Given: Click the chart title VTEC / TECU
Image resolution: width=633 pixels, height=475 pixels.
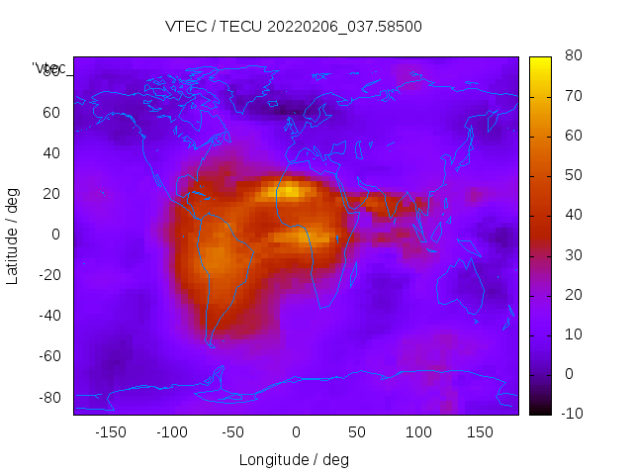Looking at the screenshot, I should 294,27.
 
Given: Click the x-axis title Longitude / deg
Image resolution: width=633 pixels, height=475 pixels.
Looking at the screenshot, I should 294,459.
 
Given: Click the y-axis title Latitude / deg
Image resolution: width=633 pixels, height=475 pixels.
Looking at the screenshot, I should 13,234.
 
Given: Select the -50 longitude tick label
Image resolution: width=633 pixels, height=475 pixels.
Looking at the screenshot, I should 233,431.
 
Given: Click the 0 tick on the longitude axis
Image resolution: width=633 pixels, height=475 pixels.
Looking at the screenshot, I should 295,431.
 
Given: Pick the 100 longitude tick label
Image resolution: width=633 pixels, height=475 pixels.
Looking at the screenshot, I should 418,431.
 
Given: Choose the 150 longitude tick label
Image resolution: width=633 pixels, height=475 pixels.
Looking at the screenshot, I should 480,431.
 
